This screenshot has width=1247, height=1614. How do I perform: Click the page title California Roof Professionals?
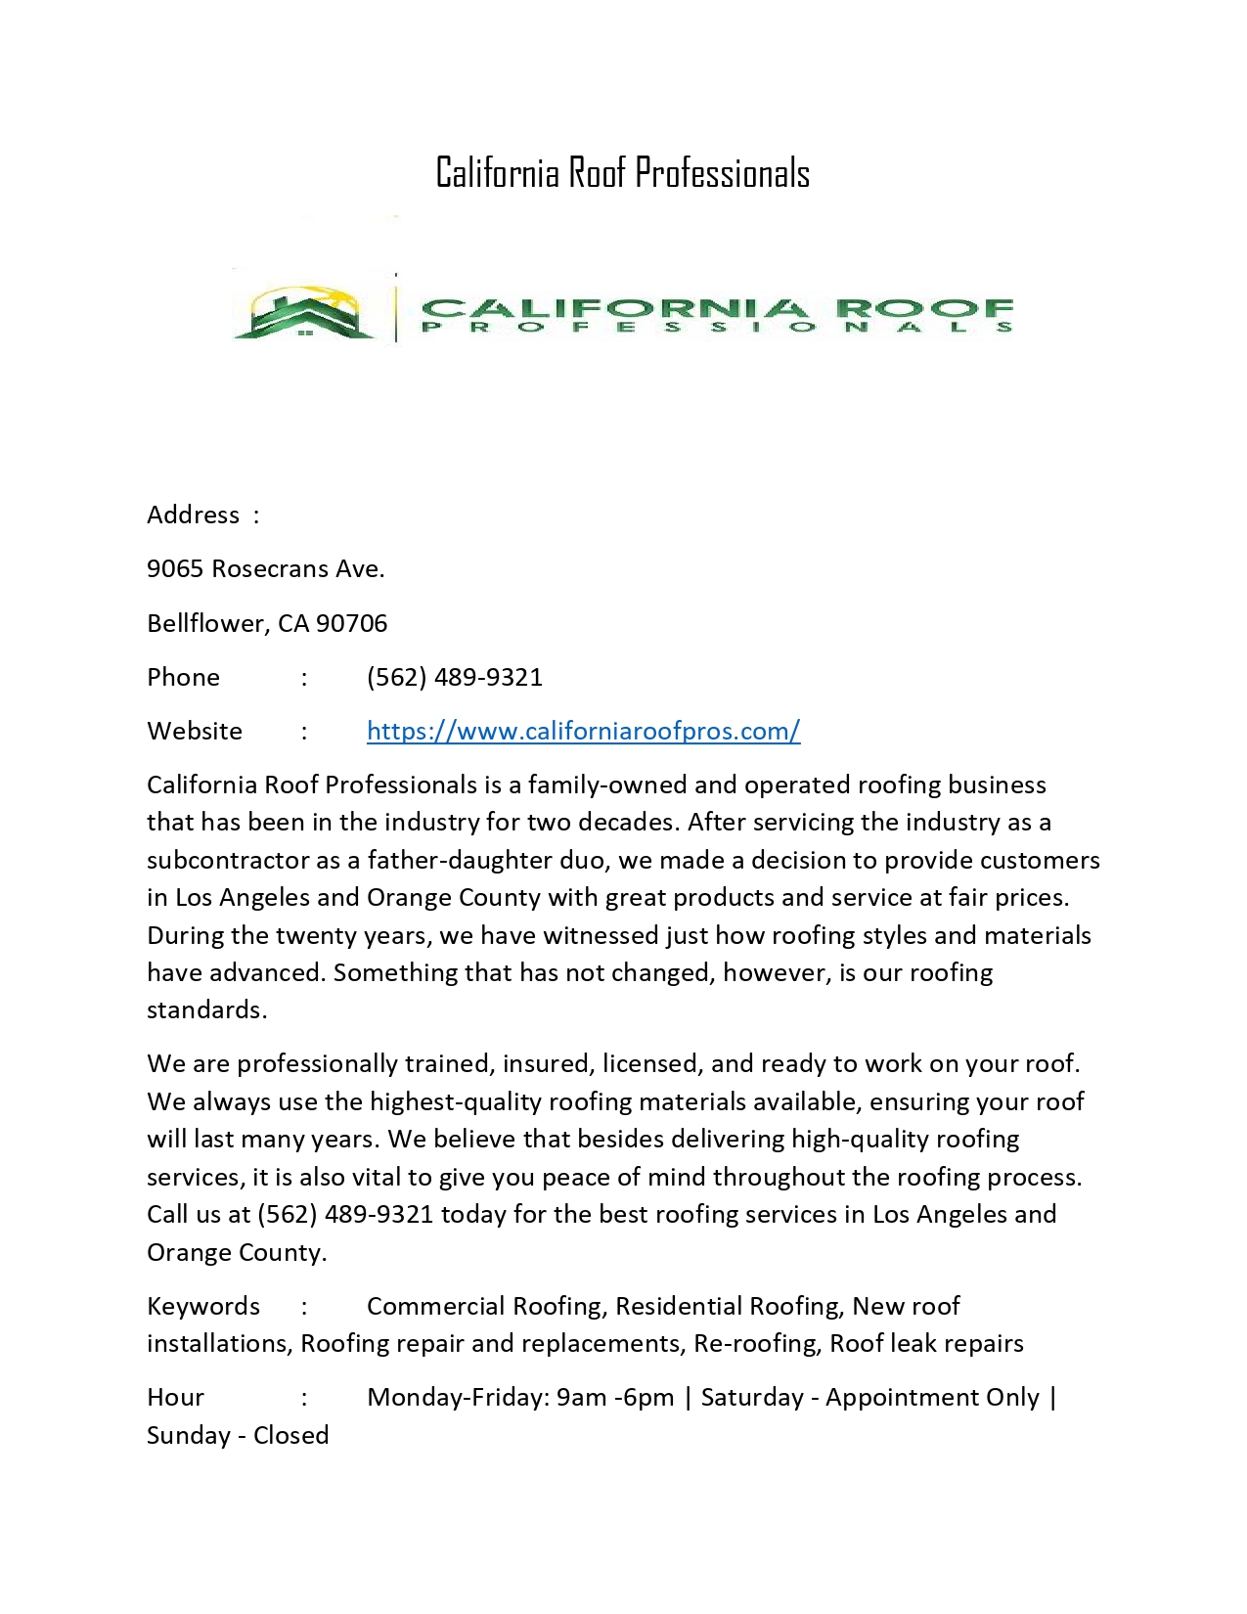click(622, 173)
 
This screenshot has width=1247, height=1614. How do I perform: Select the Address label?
click(193, 516)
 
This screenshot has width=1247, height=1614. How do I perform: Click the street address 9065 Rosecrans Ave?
click(265, 569)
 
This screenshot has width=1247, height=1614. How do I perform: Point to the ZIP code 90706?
click(351, 623)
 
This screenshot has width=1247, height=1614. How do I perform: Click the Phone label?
click(183, 677)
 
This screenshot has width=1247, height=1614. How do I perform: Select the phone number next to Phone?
click(454, 677)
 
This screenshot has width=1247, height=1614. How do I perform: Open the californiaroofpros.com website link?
click(583, 731)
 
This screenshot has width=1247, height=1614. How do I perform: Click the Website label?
click(195, 731)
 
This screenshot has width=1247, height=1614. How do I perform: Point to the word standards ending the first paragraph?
click(205, 1009)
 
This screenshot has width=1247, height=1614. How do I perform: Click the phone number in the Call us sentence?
click(344, 1214)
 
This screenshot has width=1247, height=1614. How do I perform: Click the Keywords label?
click(203, 1306)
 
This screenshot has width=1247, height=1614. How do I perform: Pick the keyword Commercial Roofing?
click(485, 1306)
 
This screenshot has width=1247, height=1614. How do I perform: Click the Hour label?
click(175, 1397)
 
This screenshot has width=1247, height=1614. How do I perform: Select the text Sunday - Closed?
click(238, 1435)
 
